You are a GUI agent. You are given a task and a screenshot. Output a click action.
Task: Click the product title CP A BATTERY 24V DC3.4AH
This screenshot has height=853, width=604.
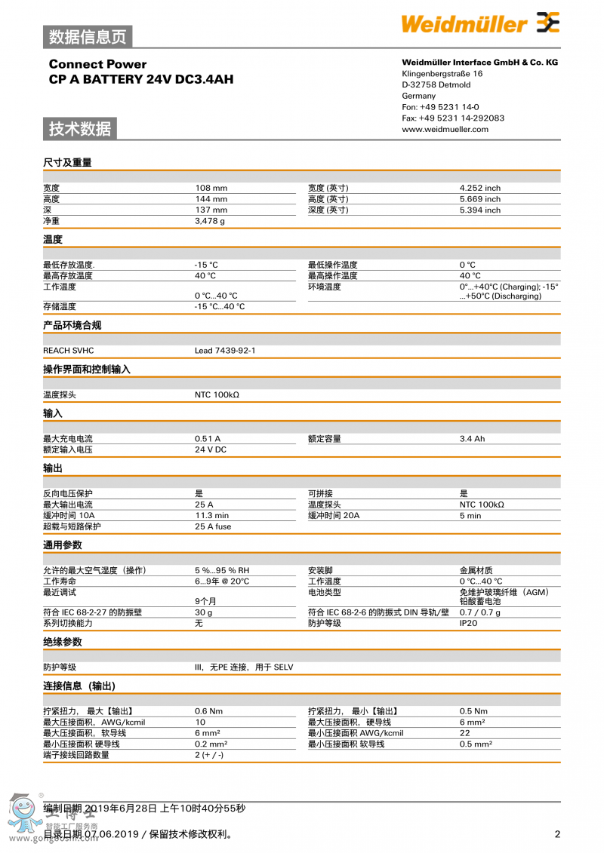coord(141,78)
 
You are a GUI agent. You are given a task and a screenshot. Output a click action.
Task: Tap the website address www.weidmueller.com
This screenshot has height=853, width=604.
coord(445,129)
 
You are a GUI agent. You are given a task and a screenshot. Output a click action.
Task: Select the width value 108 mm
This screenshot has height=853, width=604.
coord(211,188)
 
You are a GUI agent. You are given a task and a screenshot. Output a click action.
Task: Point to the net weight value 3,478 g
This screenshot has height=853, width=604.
coord(210,221)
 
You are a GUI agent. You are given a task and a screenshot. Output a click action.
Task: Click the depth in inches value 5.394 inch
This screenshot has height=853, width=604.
coord(479,210)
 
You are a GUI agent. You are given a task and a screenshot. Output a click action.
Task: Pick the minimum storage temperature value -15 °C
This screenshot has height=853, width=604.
coord(205,265)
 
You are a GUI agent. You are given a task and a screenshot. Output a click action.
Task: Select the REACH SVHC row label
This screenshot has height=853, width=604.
coord(69,351)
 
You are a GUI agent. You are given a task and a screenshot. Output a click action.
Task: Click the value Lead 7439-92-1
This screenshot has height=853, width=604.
coord(225,351)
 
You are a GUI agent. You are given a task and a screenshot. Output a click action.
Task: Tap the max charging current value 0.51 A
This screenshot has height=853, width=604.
coord(208,438)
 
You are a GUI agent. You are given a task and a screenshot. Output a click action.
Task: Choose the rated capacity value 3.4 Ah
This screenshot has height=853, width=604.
coord(472,438)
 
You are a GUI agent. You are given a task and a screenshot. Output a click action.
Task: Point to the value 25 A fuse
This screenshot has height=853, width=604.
coord(213,526)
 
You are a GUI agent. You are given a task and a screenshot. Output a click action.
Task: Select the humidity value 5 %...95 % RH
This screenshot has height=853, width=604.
coord(222,571)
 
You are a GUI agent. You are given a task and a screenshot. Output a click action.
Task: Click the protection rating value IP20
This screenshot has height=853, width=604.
coord(468,624)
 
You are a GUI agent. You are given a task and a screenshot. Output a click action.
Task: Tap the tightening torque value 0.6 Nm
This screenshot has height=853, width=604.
coord(208,711)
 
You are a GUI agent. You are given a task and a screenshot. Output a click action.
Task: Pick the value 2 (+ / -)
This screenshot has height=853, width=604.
coord(208,755)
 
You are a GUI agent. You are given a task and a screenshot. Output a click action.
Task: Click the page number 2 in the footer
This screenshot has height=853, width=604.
coord(557,834)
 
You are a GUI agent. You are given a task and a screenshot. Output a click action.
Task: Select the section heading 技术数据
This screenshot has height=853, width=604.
coord(80,129)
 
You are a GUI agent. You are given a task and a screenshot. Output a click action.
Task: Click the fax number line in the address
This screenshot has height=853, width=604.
coord(453,118)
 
